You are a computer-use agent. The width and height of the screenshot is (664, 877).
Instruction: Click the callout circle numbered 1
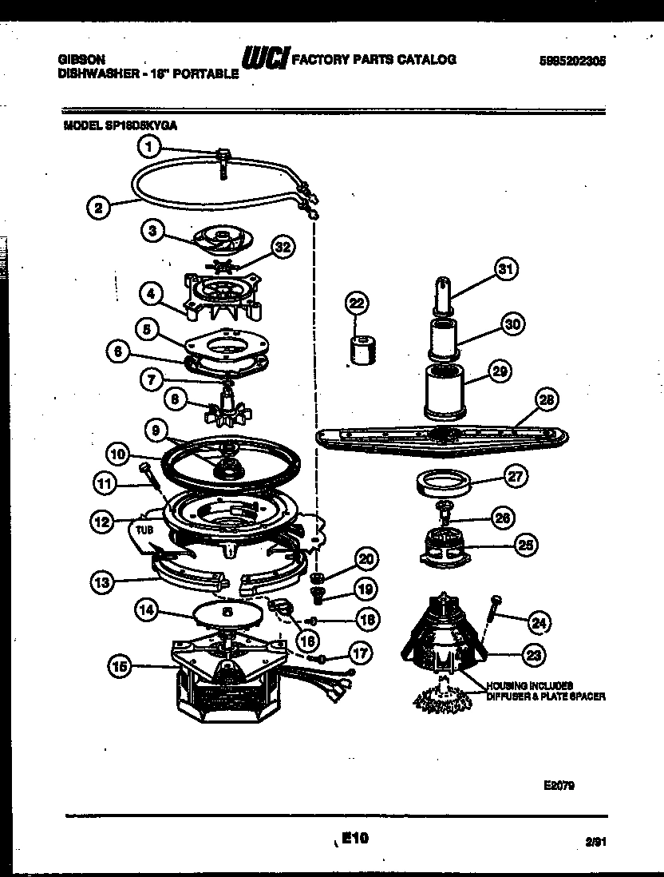(x=148, y=145)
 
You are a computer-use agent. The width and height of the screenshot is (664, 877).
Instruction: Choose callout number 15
(x=121, y=667)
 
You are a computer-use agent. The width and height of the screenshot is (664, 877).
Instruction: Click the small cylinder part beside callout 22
(x=363, y=350)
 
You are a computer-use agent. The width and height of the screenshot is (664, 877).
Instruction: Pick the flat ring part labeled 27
(x=441, y=483)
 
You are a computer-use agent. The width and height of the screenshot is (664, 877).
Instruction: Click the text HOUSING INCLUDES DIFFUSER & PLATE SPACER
(x=544, y=691)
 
